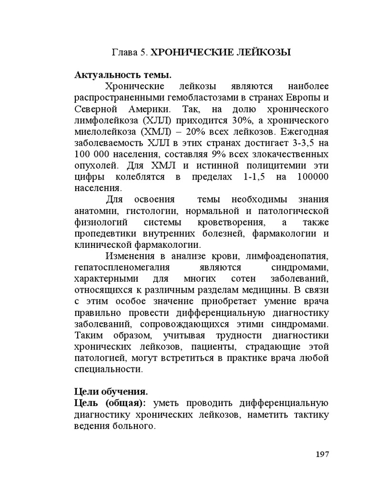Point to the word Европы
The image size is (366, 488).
click(x=305, y=98)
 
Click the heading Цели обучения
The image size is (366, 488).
click(x=111, y=392)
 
